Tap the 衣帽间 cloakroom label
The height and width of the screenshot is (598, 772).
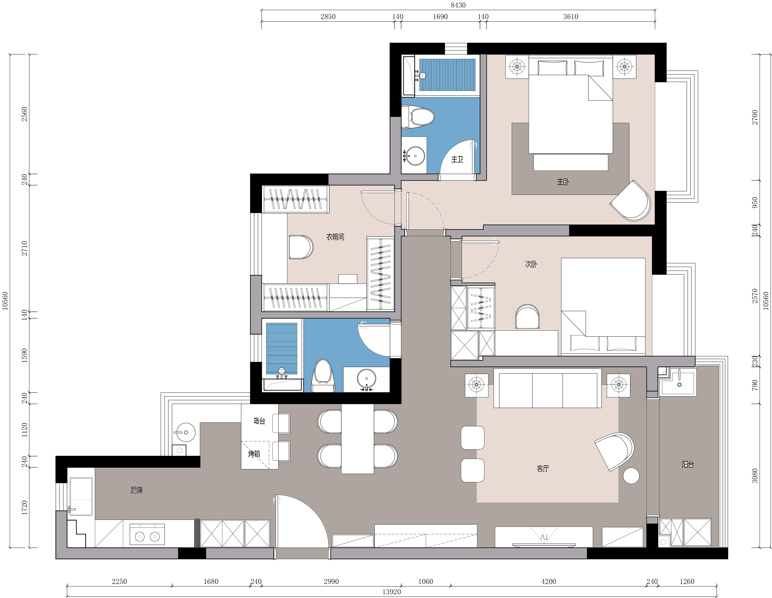(335, 237)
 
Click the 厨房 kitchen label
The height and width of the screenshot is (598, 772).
(136, 490)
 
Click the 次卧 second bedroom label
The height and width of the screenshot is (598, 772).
(531, 264)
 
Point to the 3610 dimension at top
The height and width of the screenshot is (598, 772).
(571, 17)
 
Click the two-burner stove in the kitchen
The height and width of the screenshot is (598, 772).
(147, 534)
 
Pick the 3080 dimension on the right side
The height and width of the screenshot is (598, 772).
(755, 476)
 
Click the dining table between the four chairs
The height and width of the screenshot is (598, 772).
(357, 439)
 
